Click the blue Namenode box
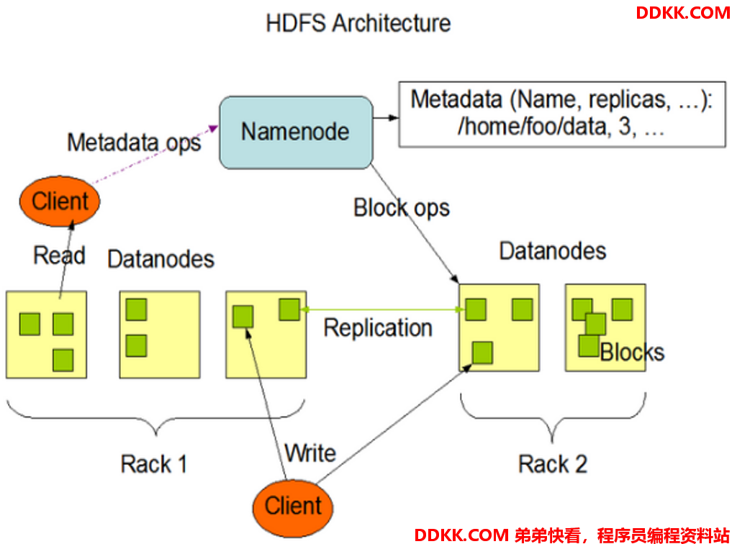pos(296,132)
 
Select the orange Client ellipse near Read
pos(60,201)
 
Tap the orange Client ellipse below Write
pos(293,508)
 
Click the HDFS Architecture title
pos(358,23)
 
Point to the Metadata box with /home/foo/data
pos(562,114)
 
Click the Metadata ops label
pos(134,142)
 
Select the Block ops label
pos(402,208)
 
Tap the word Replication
pos(378,327)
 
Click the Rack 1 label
pos(153,464)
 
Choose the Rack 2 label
pos(553,464)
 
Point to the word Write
pos(310,453)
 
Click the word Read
pos(59,255)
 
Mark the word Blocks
pos(632,353)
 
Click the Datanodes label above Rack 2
pos(553,251)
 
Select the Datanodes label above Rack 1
pos(161,259)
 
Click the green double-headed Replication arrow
pos(383,309)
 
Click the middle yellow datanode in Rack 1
pos(160,335)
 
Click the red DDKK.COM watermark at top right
pos(683,13)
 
